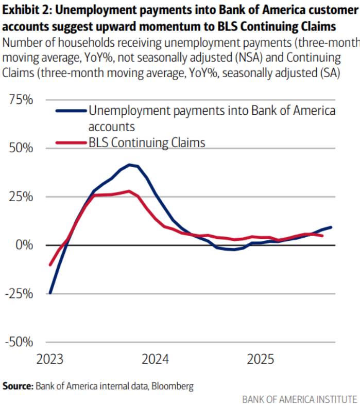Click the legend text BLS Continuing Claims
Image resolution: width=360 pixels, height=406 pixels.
(x=147, y=143)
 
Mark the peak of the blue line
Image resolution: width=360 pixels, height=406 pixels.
(x=130, y=165)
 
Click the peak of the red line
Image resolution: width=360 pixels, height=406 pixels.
(x=129, y=191)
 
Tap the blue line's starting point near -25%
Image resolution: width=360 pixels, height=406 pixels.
(x=50, y=293)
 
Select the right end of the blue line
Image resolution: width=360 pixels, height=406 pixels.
(x=331, y=227)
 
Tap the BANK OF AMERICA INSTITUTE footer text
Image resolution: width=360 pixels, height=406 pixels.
(x=299, y=399)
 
